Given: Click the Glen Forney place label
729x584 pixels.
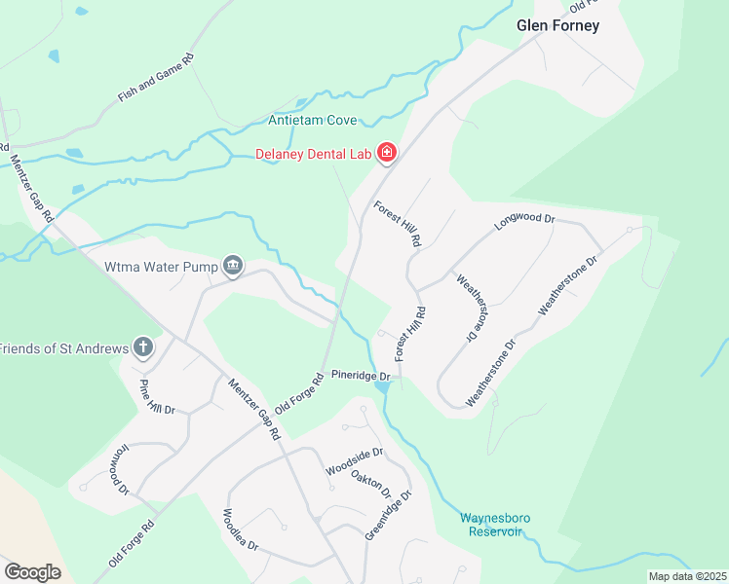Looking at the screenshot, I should (556, 26).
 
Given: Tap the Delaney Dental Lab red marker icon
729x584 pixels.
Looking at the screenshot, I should (387, 153).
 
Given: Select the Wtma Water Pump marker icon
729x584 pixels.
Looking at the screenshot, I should (233, 264).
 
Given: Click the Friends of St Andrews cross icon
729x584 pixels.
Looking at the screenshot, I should (143, 347).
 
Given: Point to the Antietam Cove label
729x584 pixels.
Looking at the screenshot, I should (313, 122).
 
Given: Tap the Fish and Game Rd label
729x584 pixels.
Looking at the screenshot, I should (157, 78).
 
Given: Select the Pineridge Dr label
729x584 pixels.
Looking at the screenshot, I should (360, 375).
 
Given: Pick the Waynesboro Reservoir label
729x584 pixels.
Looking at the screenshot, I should (495, 525).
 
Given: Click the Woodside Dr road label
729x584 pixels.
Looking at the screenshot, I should (355, 456).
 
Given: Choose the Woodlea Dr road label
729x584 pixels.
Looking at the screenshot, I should (240, 529).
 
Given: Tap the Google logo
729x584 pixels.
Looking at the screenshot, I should (32, 571).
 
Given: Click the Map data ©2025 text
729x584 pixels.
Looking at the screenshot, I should (687, 576).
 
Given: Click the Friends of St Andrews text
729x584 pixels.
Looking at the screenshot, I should (64, 348).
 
